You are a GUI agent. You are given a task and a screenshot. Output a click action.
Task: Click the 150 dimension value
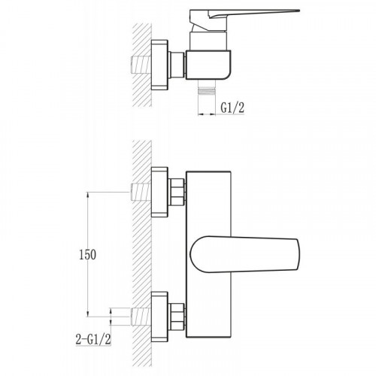[x=87, y=255]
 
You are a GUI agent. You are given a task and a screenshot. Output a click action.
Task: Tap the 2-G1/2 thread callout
[x=93, y=340]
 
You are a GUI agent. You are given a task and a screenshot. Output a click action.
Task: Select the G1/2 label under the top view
[x=232, y=108]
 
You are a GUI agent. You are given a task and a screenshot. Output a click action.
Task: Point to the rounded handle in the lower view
[x=244, y=254]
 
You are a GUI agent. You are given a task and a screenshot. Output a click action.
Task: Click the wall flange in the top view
[x=159, y=65]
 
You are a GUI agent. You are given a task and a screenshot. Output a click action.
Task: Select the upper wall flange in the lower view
[x=159, y=192]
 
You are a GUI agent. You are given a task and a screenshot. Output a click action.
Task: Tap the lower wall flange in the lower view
[x=159, y=317]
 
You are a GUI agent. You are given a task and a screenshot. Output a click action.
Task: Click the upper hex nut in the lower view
[x=177, y=192]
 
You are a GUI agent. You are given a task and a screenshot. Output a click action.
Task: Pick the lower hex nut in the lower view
[x=177, y=317]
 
